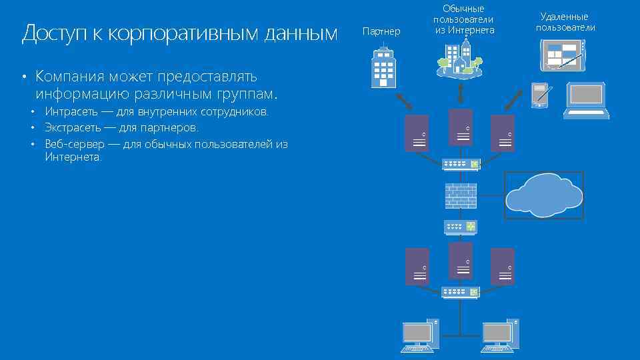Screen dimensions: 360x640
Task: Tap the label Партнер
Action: [x=381, y=31]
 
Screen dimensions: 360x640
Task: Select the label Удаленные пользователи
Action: [x=565, y=22]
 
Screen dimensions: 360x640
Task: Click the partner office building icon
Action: [x=384, y=67]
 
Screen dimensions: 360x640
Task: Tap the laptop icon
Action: [x=586, y=101]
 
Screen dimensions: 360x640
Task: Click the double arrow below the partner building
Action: [x=403, y=100]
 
